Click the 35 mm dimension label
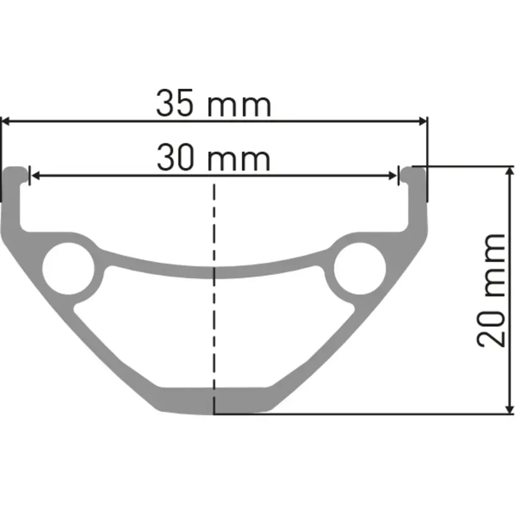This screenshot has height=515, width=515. point(214,105)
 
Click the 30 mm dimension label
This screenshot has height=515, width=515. point(214,158)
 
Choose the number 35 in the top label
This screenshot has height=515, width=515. point(174,105)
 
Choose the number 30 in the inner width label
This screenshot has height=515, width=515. point(175,158)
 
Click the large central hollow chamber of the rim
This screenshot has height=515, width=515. point(214,328)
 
